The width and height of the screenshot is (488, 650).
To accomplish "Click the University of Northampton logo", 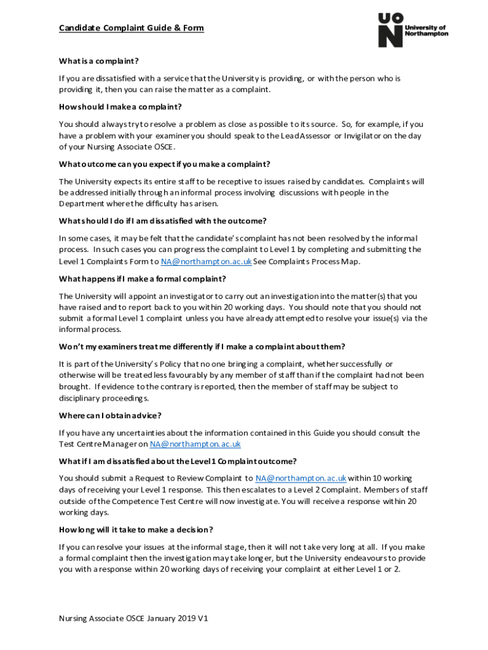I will [413, 30].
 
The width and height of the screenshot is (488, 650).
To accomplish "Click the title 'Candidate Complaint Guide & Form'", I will [131, 29].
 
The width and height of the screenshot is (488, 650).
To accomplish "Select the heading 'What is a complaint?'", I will [98, 61].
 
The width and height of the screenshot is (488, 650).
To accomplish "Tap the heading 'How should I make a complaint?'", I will [120, 107].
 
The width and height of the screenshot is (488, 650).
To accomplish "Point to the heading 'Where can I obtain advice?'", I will [110, 415].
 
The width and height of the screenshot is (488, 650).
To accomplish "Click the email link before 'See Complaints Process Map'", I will [206, 262].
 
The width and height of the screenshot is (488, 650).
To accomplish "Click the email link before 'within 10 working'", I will [300, 479].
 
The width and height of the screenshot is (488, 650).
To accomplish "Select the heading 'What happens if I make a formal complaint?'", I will [143, 279].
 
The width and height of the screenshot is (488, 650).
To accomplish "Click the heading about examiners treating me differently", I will [202, 347].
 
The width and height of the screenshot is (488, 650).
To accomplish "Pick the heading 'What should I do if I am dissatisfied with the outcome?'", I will [163, 221].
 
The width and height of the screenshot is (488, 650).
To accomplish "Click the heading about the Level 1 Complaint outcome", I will [177, 461].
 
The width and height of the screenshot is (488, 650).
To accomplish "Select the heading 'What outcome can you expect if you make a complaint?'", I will [165, 164].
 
